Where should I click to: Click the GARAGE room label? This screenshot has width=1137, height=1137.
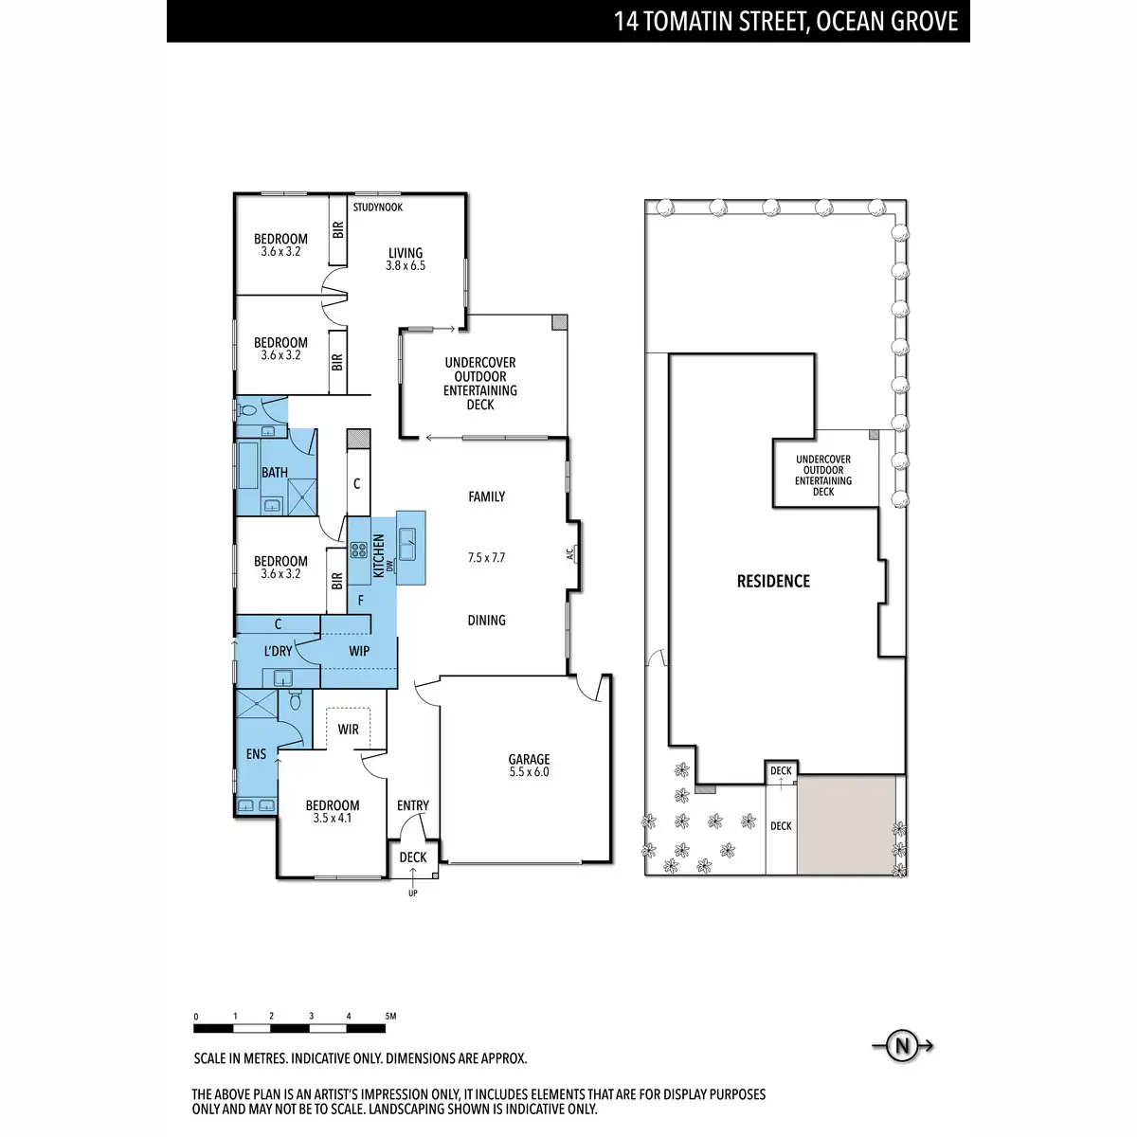pos(529,760)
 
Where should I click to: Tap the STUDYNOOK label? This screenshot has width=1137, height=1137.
pos(378,208)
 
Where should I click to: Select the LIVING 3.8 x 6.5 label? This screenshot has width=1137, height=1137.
pos(406,259)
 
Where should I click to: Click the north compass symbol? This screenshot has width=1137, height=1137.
pos(902,1046)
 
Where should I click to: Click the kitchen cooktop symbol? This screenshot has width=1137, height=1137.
pos(359,550)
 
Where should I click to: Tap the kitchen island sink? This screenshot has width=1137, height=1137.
pos(410,544)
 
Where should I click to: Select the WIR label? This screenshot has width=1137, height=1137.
pos(349,730)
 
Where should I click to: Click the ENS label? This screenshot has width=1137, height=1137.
pos(256,754)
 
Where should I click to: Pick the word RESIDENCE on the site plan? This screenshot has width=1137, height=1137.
pos(773,582)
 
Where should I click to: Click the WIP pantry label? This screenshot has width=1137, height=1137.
pos(359,651)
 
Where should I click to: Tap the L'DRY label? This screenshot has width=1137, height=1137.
pos(278,651)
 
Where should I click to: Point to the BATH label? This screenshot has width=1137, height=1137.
pos(275,472)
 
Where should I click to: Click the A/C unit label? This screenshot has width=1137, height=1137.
pos(570,553)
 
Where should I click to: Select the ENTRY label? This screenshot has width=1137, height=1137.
pos(413,805)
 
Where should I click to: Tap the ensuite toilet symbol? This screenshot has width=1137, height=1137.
pos(295,700)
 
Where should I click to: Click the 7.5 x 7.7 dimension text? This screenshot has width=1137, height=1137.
pos(486,558)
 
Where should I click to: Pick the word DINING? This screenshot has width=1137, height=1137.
pos(486,621)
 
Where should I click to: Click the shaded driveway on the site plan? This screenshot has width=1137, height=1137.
pos(846,824)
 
